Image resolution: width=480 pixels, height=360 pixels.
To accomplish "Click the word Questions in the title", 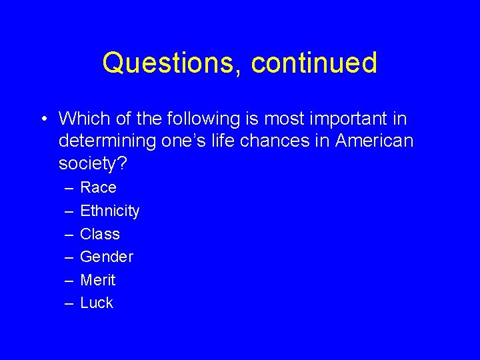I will (x=173, y=63).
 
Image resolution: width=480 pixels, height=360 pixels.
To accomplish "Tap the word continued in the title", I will (x=314, y=63).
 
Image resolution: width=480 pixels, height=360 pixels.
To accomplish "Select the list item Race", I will (x=98, y=188).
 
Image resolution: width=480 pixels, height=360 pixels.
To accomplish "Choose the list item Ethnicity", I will (x=109, y=211).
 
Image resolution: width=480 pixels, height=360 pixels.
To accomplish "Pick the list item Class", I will (x=100, y=234).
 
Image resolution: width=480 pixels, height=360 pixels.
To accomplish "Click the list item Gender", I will (x=107, y=257).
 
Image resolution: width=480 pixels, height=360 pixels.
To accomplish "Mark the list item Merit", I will (x=97, y=280).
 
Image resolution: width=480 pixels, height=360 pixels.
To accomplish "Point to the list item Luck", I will (x=97, y=303).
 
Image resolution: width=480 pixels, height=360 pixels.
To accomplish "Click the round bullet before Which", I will (x=43, y=119).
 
